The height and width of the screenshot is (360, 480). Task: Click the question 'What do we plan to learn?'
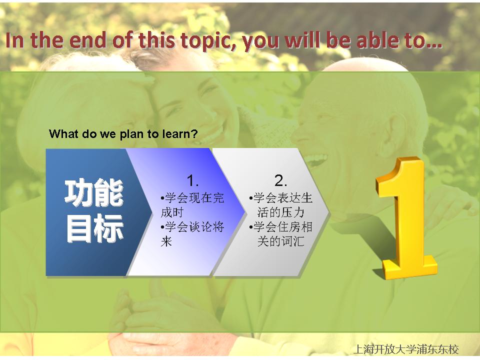[123, 134]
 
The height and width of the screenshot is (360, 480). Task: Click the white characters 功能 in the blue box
[94, 192]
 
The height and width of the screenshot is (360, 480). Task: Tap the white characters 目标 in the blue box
[94, 228]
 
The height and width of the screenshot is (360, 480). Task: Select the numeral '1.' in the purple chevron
[192, 180]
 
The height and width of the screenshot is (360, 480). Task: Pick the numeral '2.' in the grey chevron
[280, 180]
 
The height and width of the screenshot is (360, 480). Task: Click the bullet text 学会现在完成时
[192, 205]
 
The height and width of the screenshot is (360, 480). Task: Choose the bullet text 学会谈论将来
[192, 234]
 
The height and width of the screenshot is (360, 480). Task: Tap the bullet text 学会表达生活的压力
[280, 205]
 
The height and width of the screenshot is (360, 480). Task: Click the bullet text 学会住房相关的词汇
[280, 234]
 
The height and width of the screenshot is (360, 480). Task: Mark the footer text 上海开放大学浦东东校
[406, 349]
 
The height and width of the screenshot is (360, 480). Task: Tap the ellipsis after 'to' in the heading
[434, 46]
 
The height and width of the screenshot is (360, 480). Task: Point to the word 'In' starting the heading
[14, 40]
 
